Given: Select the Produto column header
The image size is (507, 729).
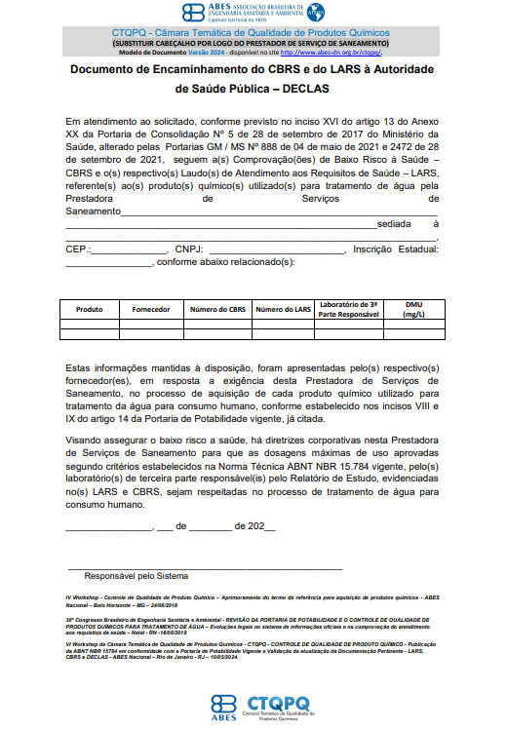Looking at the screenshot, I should point(89,309).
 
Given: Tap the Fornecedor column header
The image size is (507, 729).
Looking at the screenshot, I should point(152,309).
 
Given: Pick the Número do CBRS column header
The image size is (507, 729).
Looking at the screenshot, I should point(217,309).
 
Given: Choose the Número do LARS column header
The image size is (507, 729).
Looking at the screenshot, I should point(283,309).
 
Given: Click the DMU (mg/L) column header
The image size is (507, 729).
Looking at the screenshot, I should point(413,309).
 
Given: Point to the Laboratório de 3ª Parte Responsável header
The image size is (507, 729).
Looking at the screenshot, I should point(348,309).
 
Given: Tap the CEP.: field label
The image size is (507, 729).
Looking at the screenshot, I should point(78,249).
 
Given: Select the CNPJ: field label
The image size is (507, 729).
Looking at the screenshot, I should point(190,249).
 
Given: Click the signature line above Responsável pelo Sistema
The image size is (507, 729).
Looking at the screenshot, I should point(205,566).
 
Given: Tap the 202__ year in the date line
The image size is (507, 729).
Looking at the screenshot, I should point(261,527).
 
